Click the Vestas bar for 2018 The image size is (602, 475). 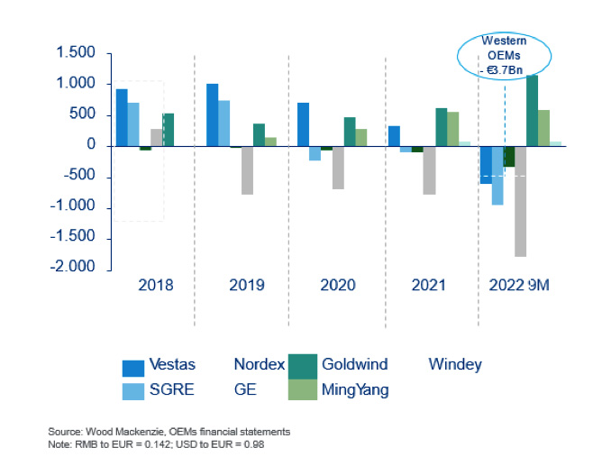tap(122, 117)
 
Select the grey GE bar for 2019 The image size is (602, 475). tap(247, 170)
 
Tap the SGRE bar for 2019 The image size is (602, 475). tap(224, 123)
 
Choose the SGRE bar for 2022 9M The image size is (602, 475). tap(497, 175)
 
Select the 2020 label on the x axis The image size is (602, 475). tap(337, 285)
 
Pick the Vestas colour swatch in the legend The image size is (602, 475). tap(132, 367)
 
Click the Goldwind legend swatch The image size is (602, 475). tap(300, 365)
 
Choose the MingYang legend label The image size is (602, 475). tap(354, 390)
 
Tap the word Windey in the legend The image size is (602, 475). tap(454, 365)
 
